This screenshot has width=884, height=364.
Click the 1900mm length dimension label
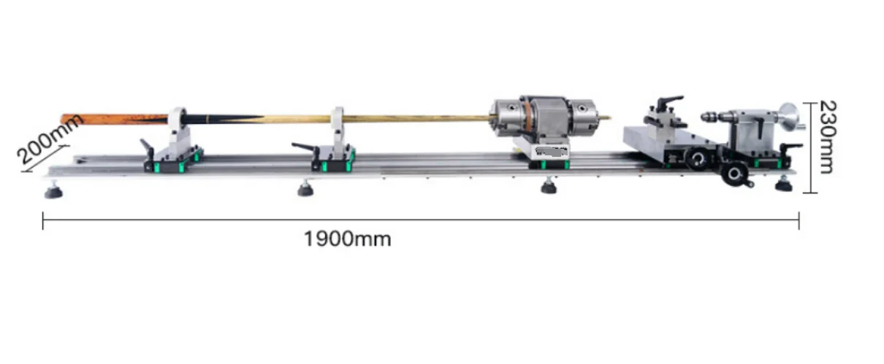tap(348, 239)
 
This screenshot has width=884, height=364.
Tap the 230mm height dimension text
tap(825, 136)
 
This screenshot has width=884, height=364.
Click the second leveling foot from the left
tap(305, 190)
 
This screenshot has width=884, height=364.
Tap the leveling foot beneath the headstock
tap(547, 187)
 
